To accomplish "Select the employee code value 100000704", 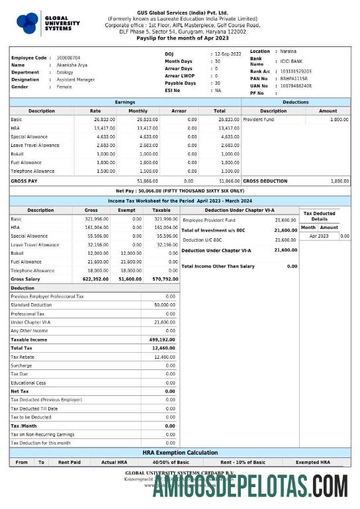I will coord(68,58).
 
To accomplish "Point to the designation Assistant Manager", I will coord(75,79).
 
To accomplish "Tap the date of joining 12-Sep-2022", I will coord(228,54).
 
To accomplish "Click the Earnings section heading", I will coord(125,102).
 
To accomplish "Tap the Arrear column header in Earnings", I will coord(179,111).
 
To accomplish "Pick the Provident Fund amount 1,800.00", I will coord(339,120).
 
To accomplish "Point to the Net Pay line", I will coord(179,190).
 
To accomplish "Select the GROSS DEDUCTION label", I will coord(265,180).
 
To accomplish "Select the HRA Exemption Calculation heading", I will coord(179,453).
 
